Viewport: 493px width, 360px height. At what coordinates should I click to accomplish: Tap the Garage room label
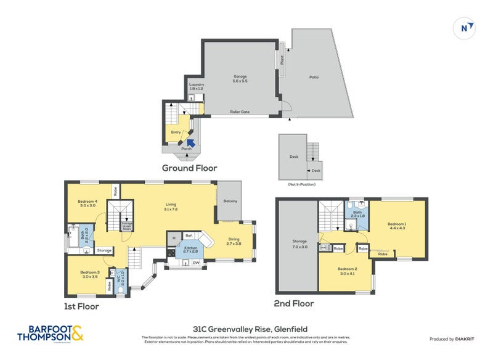(240, 77)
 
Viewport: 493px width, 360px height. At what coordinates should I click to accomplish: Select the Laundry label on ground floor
(195, 84)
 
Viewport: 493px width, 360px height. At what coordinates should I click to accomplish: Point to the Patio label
(314, 77)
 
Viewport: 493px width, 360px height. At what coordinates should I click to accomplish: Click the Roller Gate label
(240, 112)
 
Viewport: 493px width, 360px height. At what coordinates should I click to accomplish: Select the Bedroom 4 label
(88, 202)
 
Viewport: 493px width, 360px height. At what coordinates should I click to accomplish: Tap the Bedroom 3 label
(89, 272)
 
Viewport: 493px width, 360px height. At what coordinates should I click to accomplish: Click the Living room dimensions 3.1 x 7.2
(171, 210)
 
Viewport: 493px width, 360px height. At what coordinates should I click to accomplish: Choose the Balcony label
(230, 202)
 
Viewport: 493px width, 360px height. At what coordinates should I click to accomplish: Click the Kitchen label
(190, 248)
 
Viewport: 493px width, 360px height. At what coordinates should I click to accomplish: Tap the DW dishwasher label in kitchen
(195, 263)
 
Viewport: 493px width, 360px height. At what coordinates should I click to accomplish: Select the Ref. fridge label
(189, 235)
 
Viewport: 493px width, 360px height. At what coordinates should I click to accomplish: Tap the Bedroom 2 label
(346, 269)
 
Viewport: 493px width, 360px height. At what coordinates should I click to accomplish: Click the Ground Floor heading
(189, 168)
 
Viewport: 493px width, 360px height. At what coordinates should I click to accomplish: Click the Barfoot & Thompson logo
(43, 333)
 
